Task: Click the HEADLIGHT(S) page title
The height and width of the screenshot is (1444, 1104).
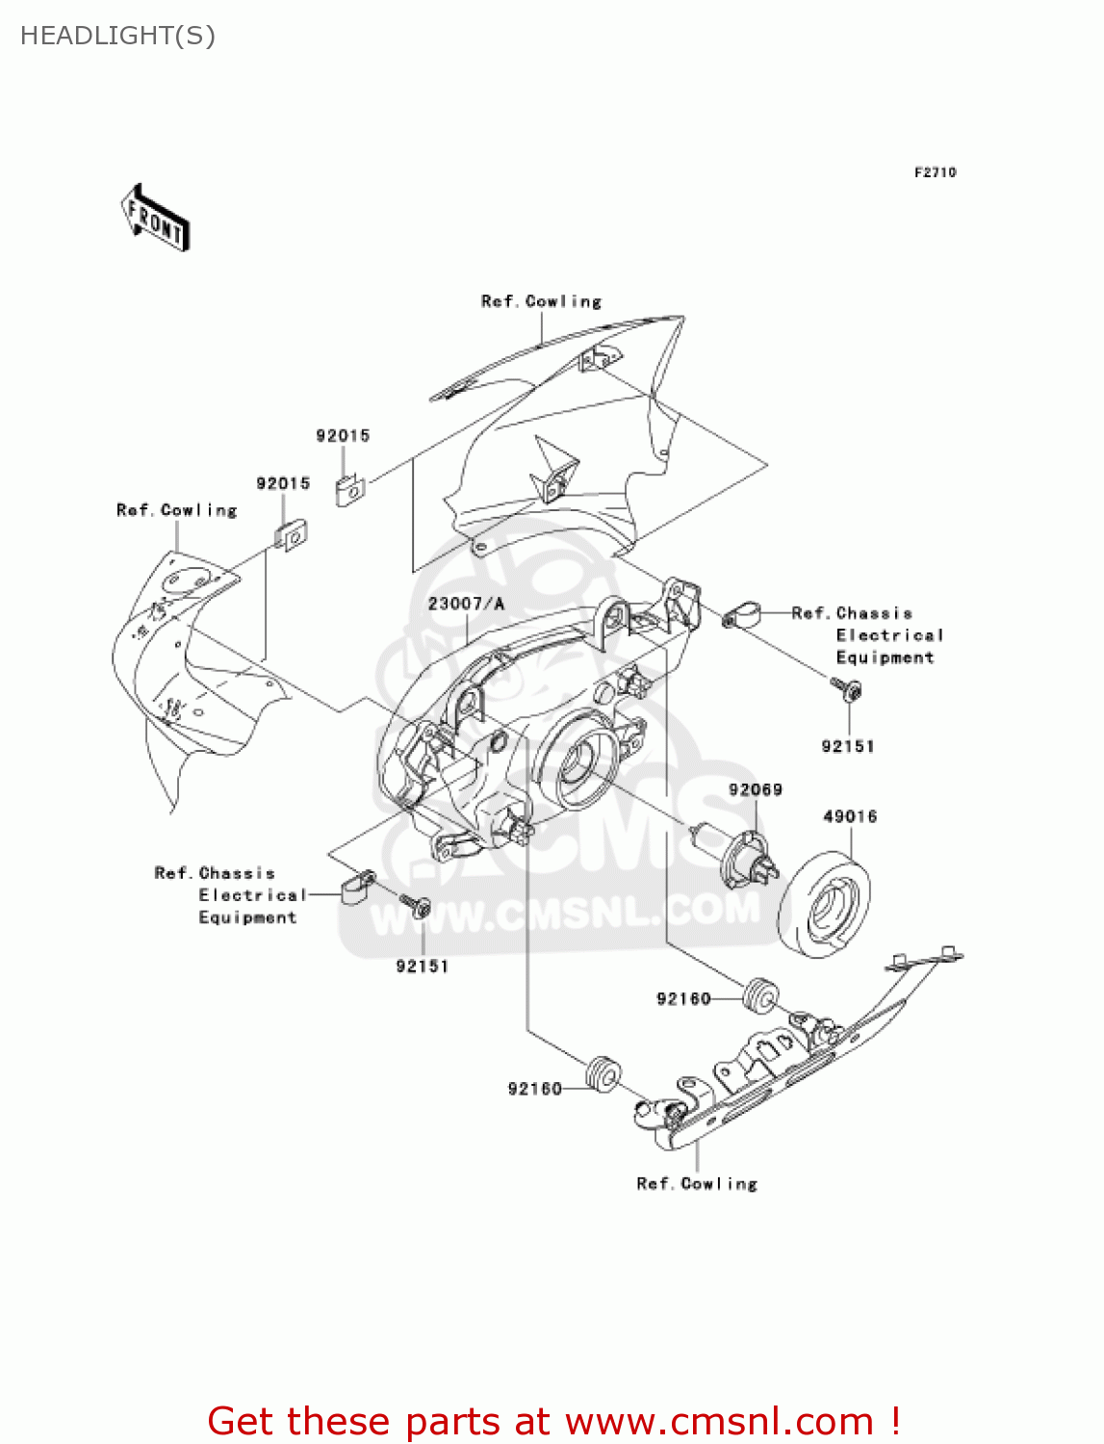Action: (117, 36)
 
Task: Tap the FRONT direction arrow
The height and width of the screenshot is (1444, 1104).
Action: (155, 219)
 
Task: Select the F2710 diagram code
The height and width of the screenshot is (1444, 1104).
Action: (935, 172)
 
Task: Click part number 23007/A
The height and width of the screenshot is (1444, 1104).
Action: (466, 604)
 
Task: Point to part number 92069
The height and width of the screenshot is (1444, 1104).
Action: (755, 789)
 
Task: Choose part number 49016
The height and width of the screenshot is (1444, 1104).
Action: (850, 816)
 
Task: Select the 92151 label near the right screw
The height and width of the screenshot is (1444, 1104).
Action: (848, 746)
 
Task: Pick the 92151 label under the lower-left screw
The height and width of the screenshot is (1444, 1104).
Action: (423, 966)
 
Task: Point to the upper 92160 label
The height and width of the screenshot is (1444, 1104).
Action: (683, 998)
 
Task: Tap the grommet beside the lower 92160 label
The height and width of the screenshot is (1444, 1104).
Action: (603, 1072)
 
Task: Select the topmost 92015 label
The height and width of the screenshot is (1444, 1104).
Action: (343, 435)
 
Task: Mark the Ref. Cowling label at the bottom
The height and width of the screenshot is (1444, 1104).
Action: (697, 1183)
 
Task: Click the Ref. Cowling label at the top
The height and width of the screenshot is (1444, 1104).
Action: (541, 301)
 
